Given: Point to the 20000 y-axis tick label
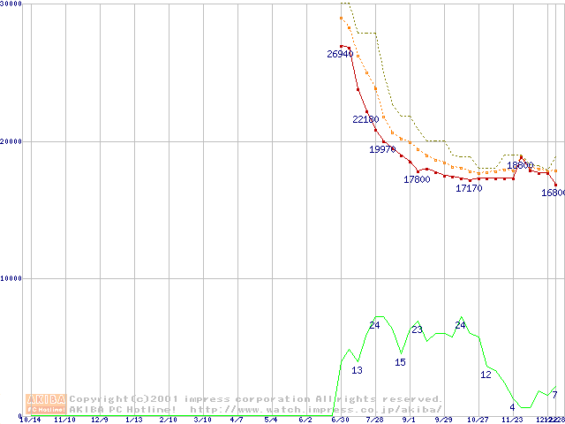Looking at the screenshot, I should [12, 141].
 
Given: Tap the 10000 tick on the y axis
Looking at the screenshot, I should [12, 278].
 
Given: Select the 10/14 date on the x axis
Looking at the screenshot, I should [30, 420].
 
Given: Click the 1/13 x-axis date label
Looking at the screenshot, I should [134, 420].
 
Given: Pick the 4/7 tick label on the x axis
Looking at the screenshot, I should [237, 420].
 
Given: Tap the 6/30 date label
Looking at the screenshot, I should [340, 420].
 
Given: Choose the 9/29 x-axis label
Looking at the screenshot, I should [443, 420].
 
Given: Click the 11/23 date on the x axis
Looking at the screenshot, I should [512, 420].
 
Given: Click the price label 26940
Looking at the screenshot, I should [340, 54].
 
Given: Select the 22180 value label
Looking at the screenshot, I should [365, 119].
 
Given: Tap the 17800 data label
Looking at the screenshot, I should [417, 179].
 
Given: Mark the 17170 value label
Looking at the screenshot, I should [469, 188].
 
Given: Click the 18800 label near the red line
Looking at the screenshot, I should [520, 165].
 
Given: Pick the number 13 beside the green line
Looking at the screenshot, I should [357, 370].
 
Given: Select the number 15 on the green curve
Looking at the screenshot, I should [400, 362].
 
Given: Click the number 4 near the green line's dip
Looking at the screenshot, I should [512, 406].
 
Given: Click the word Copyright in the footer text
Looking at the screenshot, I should [100, 399].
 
